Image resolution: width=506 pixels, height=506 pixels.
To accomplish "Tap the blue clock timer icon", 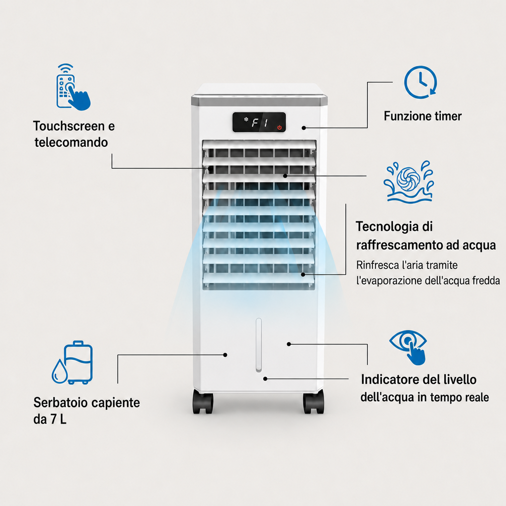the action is click(x=421, y=83).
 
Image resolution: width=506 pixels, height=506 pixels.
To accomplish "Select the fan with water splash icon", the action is click(x=409, y=182).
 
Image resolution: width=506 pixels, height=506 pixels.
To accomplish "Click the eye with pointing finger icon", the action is click(x=409, y=347).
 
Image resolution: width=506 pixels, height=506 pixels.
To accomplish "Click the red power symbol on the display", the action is click(x=280, y=127).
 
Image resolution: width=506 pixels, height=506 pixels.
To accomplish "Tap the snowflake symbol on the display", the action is click(x=246, y=120).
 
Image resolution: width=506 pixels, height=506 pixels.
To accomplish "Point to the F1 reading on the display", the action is click(x=260, y=123).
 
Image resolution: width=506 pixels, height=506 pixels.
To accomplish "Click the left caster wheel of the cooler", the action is click(x=203, y=401).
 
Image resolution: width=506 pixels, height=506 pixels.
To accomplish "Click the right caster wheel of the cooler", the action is click(x=313, y=401).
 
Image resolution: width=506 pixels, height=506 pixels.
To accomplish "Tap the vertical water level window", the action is click(x=258, y=345).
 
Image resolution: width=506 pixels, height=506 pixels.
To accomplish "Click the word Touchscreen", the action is click(x=69, y=126).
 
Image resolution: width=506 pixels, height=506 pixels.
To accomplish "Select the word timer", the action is click(x=448, y=116).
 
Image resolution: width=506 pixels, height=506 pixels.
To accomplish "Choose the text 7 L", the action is click(x=59, y=419).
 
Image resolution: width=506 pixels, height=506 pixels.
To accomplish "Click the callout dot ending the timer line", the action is click(x=304, y=128).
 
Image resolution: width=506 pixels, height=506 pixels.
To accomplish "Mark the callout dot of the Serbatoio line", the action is click(x=225, y=355).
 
